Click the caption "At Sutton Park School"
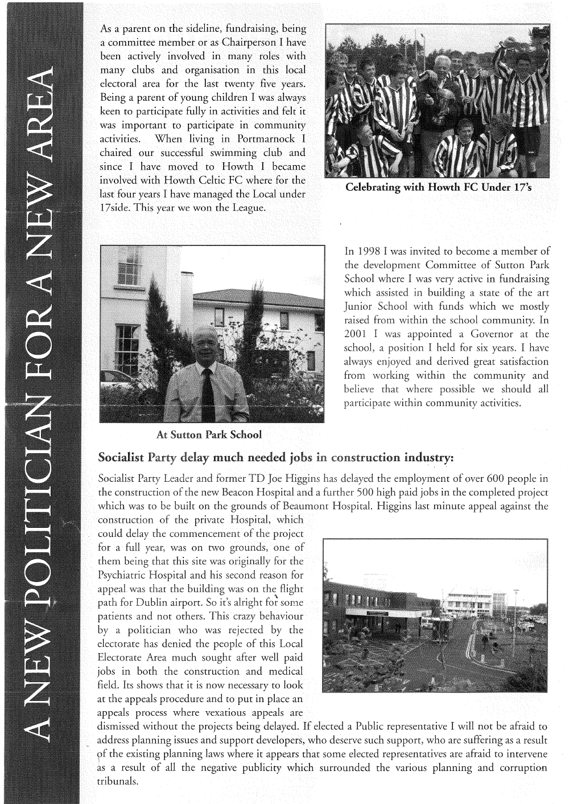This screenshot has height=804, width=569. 209,435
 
